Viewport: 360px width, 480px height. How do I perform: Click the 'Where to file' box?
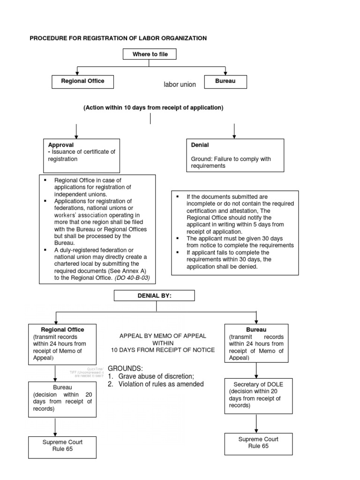pos(150,54)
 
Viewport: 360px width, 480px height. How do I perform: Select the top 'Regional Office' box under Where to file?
pos(82,81)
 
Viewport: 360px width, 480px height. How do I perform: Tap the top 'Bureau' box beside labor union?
pos(225,81)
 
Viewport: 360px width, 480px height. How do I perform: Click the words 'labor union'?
pos(180,84)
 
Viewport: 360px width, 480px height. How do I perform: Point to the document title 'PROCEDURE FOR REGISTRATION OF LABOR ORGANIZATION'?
pos(118,38)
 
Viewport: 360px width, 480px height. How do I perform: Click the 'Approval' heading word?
pos(61,145)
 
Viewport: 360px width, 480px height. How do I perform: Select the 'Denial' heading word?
pos(200,145)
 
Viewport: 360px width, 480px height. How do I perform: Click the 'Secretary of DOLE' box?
pos(256,395)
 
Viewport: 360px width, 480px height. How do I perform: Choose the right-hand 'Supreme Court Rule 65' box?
pos(258,443)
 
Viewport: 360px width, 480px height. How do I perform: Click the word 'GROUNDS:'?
pos(126,368)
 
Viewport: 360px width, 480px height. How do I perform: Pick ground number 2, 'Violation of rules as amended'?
pos(156,384)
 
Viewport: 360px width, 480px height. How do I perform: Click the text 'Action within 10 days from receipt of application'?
pos(153,108)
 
